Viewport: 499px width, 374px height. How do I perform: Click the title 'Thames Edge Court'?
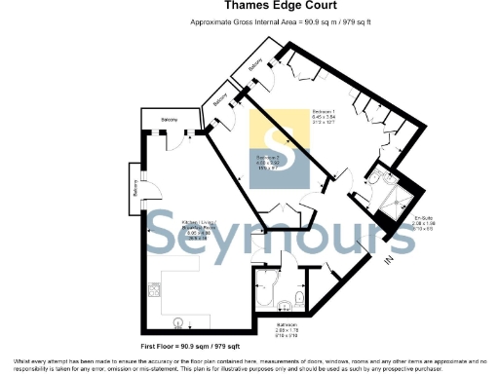[249, 5]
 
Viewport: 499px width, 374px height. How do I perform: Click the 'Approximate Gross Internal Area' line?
[249, 20]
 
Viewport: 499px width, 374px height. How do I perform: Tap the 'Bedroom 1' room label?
[323, 116]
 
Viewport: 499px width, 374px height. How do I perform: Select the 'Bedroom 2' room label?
[268, 162]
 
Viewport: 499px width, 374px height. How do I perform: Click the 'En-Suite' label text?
[423, 223]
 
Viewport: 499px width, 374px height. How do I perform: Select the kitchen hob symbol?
[155, 289]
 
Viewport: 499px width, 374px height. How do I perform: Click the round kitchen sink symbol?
[177, 320]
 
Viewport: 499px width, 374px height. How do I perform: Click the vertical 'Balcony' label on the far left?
[134, 194]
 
